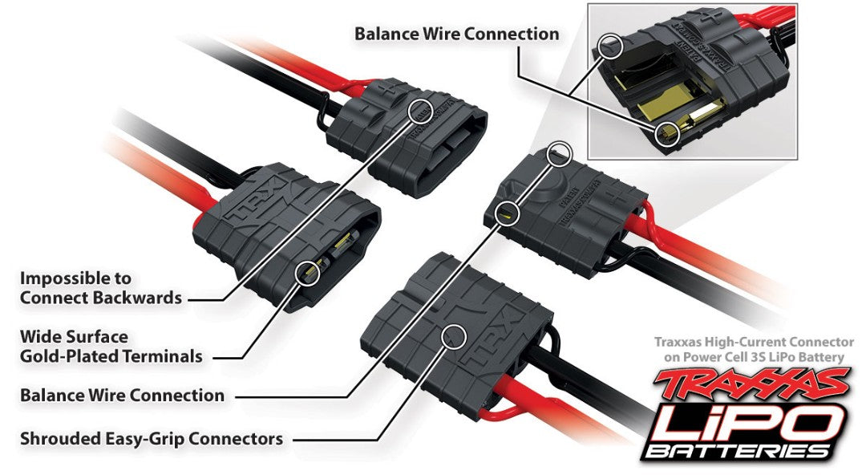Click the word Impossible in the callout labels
click(64, 278)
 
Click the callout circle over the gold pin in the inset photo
click(665, 133)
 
